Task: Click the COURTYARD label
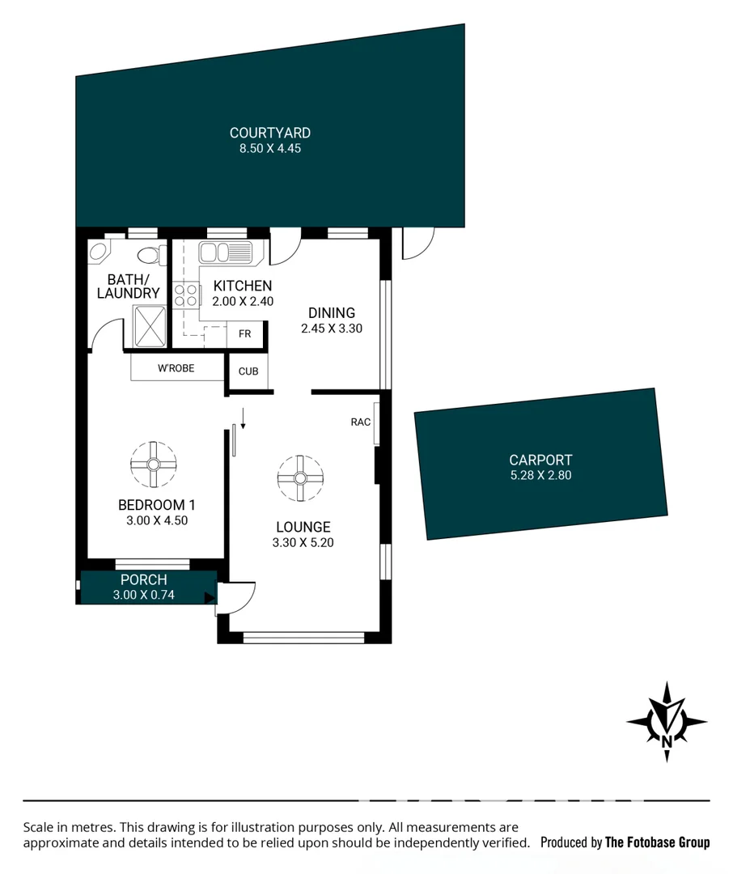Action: (269, 133)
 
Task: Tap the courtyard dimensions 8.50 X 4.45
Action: (269, 149)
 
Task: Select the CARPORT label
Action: (540, 460)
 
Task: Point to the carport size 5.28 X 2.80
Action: (540, 475)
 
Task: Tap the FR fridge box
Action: (244, 334)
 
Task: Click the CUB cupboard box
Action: (248, 371)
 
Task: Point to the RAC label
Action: (361, 422)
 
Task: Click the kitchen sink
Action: (226, 252)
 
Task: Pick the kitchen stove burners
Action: (187, 295)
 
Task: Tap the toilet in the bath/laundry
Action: (149, 256)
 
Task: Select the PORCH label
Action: (143, 579)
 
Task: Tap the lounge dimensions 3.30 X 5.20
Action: (303, 543)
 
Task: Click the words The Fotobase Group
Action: (657, 842)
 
